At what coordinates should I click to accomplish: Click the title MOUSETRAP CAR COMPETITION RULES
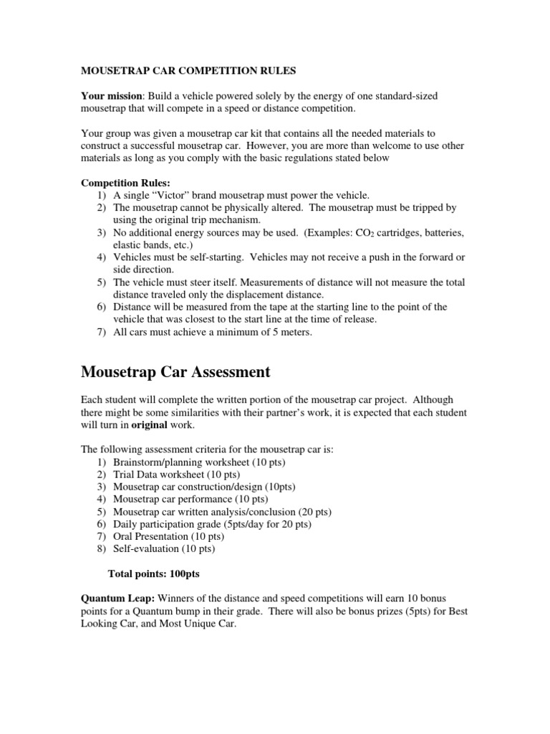pos(188,71)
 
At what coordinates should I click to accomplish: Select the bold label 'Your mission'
pos(108,95)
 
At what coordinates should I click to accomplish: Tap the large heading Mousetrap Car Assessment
pos(175,371)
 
